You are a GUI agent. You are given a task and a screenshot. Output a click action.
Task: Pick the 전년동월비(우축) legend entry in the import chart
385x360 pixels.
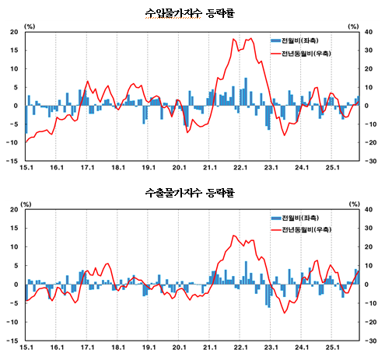[x=302, y=52]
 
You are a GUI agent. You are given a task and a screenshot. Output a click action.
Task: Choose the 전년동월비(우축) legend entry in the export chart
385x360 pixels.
[x=302, y=230]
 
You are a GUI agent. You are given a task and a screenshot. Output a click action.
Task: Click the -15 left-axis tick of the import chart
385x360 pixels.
[x=14, y=161]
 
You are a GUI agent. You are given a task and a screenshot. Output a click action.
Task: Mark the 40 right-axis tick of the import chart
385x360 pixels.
[x=369, y=32]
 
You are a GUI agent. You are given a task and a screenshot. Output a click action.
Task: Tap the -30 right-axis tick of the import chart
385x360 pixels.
[x=370, y=161]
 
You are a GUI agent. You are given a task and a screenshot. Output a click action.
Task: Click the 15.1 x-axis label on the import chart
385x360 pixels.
[x=26, y=167]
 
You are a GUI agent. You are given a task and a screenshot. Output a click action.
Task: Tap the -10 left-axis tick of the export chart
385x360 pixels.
[x=14, y=322]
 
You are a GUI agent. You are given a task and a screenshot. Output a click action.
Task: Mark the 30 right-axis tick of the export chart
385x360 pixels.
[x=369, y=229]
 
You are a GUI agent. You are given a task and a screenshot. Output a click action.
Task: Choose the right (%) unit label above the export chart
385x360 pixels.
[x=355, y=204]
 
